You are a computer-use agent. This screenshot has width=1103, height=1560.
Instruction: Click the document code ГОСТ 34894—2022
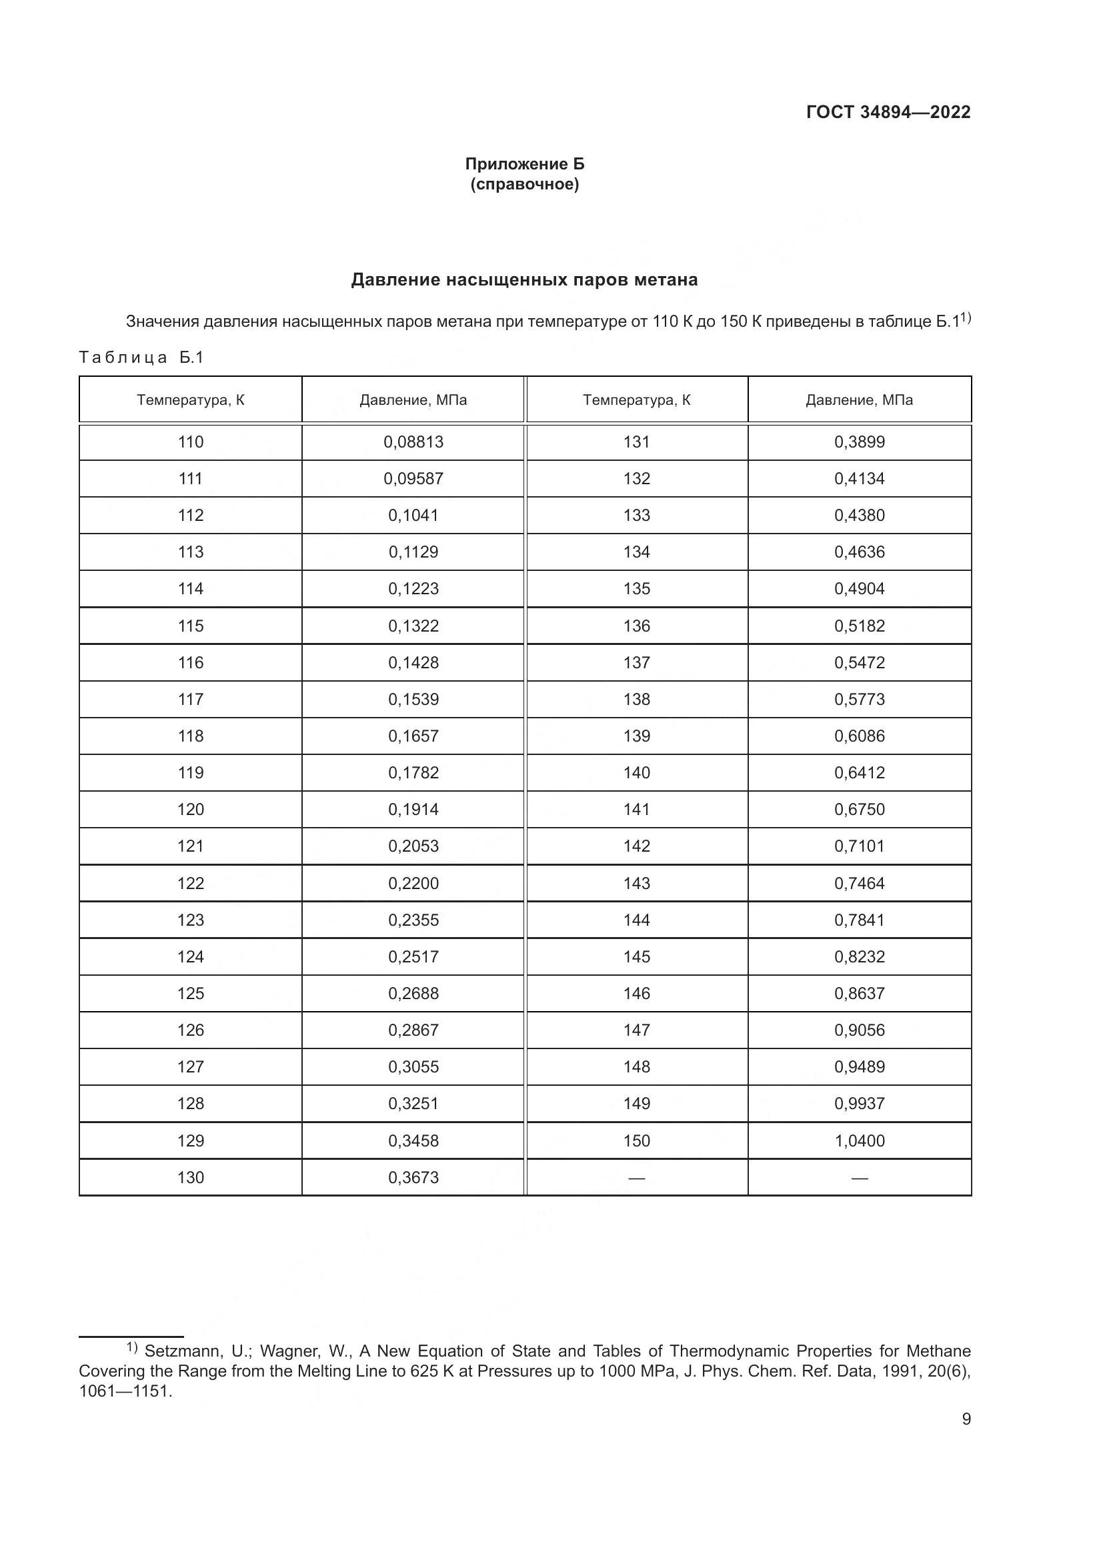[x=888, y=112]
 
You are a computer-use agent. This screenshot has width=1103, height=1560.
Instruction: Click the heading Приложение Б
[x=524, y=164]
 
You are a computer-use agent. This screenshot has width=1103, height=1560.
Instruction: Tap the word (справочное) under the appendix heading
[x=524, y=184]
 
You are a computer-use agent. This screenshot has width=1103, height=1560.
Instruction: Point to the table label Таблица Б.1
[x=141, y=357]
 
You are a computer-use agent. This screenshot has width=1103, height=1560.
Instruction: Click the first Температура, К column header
[x=190, y=400]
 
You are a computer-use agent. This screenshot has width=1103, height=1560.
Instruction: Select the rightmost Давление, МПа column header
[x=859, y=400]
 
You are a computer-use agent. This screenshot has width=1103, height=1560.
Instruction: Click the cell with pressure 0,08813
[x=413, y=442]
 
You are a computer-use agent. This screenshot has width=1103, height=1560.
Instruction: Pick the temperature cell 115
[x=190, y=626]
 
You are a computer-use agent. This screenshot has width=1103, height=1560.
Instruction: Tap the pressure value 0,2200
[x=413, y=883]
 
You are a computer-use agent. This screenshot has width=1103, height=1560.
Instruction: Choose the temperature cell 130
[x=190, y=1177]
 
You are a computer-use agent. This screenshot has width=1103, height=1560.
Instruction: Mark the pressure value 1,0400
[x=859, y=1140]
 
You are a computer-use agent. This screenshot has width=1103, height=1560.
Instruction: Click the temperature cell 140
[x=636, y=772]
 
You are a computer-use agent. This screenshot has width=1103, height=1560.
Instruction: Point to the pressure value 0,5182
[x=859, y=626]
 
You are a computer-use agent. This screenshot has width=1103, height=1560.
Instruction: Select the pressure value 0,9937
[x=859, y=1103]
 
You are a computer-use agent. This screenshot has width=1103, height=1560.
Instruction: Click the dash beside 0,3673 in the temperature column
[x=636, y=1178]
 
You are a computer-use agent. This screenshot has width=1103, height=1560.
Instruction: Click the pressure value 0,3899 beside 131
[x=859, y=442]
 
